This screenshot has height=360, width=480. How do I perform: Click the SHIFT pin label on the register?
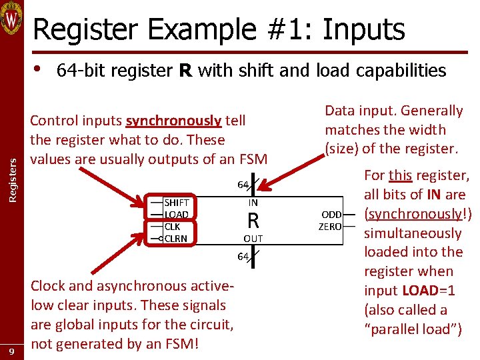(177, 203)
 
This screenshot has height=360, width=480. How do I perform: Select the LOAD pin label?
(177, 215)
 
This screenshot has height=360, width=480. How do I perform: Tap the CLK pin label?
(172, 227)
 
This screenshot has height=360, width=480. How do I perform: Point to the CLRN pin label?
(176, 239)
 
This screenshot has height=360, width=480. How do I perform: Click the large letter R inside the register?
(253, 220)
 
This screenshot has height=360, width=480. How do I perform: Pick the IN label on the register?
(253, 202)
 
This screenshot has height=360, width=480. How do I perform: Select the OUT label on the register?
(253, 239)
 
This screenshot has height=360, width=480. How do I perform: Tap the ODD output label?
(331, 215)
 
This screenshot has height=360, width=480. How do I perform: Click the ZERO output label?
(330, 227)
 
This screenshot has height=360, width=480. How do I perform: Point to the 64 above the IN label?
(243, 185)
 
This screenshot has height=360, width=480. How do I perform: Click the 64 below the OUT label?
(243, 257)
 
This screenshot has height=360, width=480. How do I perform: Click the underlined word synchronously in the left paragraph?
(173, 121)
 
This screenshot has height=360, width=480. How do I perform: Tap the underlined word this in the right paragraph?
(400, 175)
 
